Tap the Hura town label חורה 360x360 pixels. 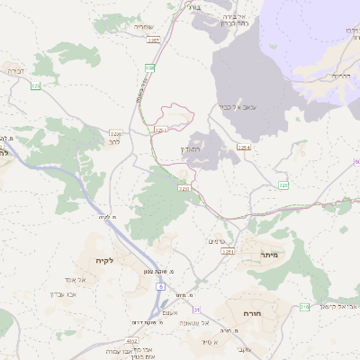(x=251, y=312)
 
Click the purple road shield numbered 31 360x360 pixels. (x=196, y=310)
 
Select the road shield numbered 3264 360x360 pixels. (x=244, y=146)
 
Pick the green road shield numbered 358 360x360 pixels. (x=149, y=67)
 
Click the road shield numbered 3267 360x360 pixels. (x=154, y=40)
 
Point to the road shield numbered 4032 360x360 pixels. (x=132, y=341)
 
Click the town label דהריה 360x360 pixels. (x=338, y=76)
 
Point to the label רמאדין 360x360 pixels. (x=201, y=148)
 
